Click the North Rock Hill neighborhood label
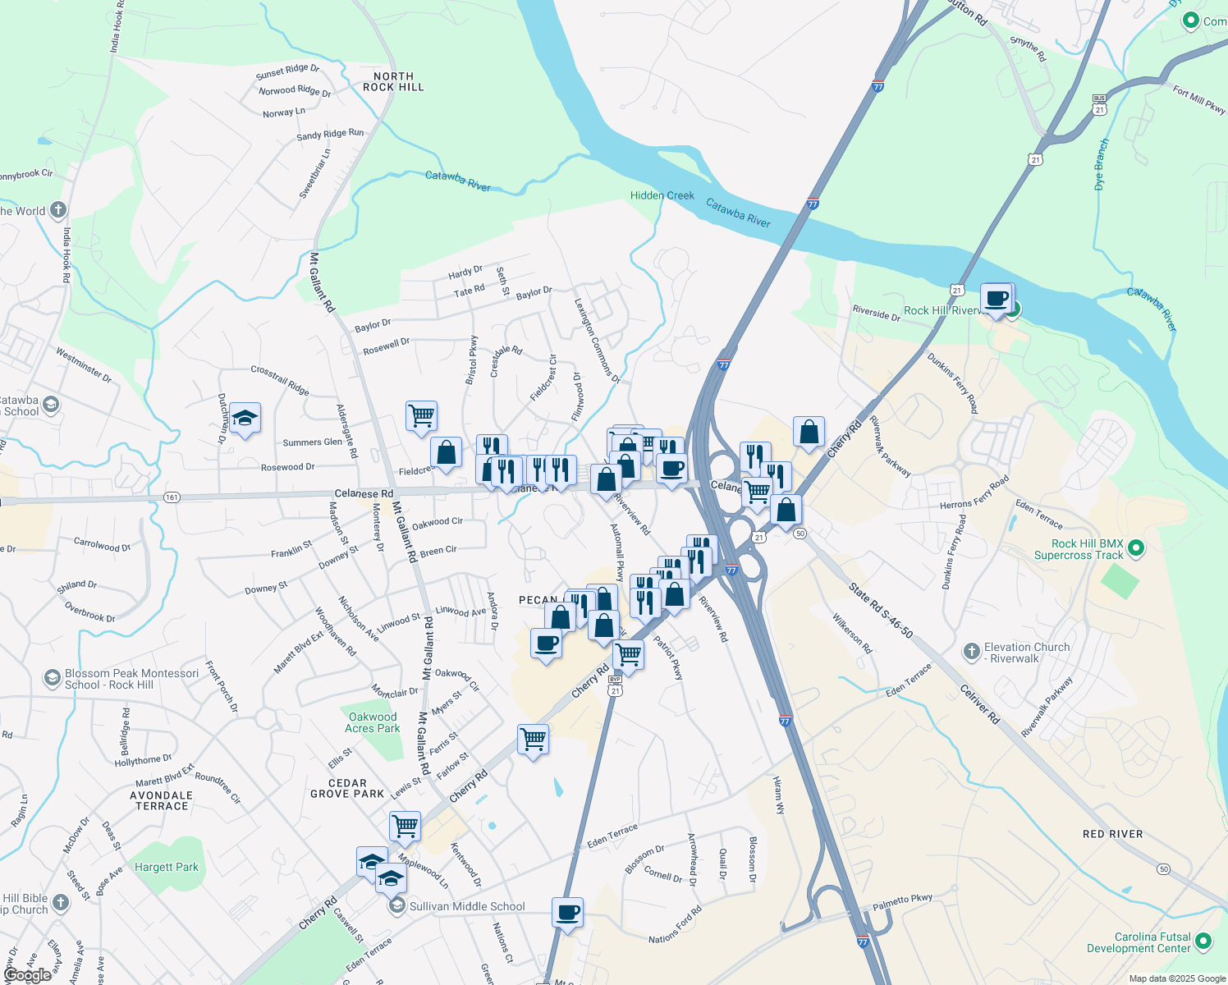(393, 81)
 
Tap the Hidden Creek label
(662, 195)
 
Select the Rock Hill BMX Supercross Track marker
(1136, 548)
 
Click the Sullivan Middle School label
(466, 906)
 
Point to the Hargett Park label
(167, 867)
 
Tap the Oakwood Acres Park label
(373, 722)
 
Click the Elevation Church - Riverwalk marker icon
(971, 652)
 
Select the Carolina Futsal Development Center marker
(1203, 941)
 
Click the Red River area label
(1112, 834)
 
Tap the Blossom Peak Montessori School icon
(52, 679)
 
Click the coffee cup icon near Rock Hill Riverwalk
(997, 299)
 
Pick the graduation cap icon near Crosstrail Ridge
(245, 419)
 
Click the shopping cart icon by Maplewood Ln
(405, 827)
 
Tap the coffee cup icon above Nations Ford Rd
(567, 913)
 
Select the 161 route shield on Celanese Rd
(172, 497)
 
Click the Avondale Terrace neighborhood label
(162, 800)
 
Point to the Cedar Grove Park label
(347, 788)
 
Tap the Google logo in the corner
(27, 975)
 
